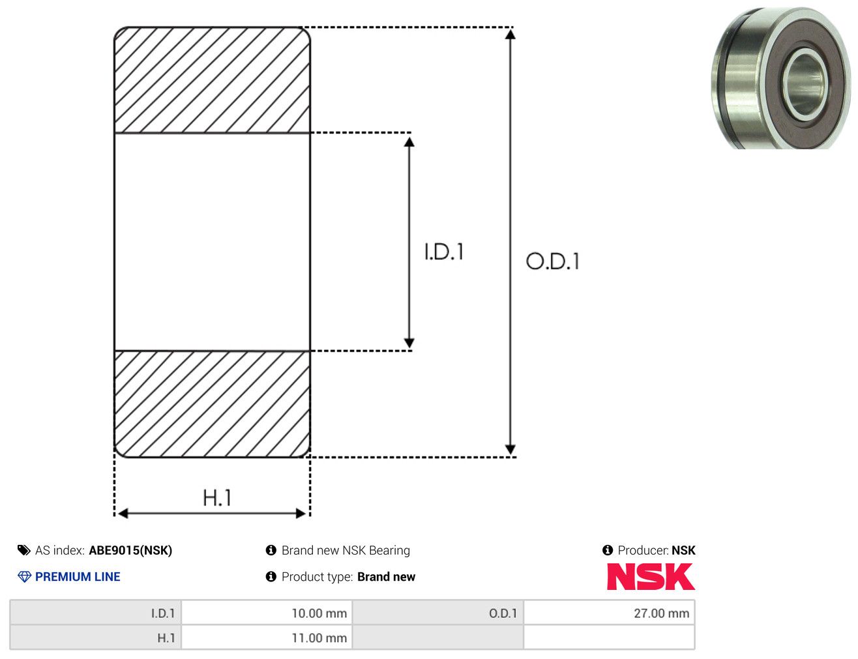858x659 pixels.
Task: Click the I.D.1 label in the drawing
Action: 444,252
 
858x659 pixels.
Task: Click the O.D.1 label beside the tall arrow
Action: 552,261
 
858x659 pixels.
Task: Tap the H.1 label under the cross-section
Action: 216,497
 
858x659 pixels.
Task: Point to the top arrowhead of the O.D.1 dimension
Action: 510,35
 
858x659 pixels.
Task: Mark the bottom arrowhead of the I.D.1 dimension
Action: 409,342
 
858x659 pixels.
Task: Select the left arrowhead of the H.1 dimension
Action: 123,514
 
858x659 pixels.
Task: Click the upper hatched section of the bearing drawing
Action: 212,80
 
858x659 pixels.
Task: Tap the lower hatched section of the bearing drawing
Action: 212,404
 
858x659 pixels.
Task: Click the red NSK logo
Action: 651,576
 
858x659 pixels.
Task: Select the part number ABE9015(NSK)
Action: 130,550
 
